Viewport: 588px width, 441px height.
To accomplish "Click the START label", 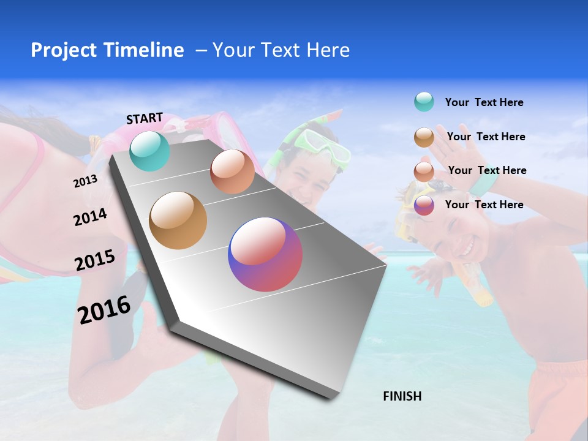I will [145, 118].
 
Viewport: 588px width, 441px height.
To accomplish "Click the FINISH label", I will [402, 396].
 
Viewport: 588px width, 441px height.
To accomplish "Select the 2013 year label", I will [85, 181].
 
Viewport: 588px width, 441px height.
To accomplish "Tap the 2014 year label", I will [90, 217].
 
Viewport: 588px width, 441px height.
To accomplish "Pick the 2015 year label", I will [95, 260].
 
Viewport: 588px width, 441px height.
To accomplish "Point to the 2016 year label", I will [104, 309].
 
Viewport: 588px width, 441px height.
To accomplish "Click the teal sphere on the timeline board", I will [149, 151].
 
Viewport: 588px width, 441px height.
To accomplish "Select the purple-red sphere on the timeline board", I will [265, 254].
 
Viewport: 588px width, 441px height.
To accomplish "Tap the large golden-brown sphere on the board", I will [178, 221].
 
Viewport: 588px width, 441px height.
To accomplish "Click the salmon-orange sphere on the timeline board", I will [232, 171].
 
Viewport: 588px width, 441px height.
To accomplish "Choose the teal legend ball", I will [424, 102].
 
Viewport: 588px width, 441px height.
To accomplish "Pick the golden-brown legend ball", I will [424, 137].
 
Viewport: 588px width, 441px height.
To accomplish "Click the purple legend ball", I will [424, 205].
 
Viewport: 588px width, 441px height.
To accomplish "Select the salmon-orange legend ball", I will [424, 171].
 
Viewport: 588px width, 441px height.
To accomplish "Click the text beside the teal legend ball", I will [484, 103].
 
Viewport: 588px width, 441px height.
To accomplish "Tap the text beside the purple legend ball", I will [484, 205].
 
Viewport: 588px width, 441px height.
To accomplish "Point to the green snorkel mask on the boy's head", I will [320, 144].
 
